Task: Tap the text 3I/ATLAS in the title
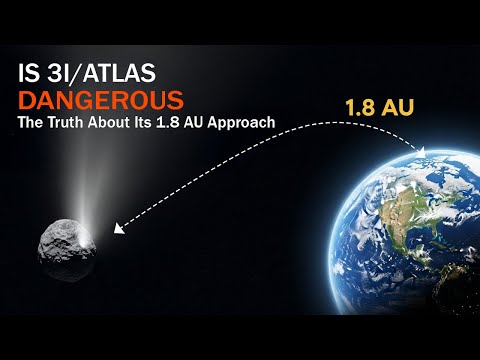101,75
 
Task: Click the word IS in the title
30,75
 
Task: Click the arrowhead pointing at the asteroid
119,229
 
